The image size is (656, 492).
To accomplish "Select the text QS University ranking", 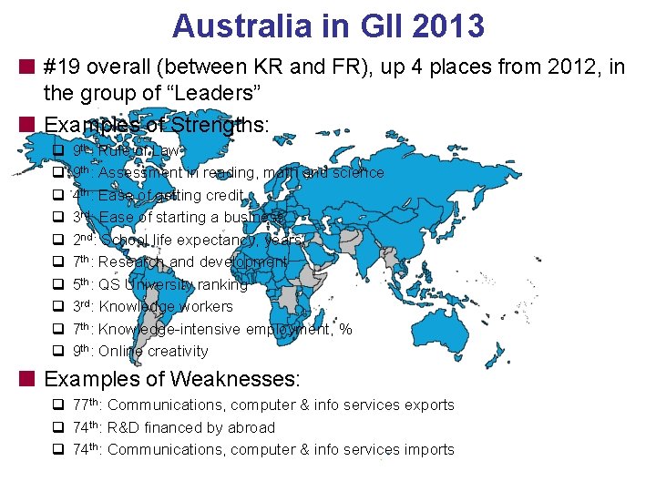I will [172, 284].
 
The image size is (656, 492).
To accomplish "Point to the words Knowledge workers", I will [165, 306].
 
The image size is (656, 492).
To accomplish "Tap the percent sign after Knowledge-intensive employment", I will [345, 329].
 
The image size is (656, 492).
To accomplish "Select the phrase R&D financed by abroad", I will [190, 427].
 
